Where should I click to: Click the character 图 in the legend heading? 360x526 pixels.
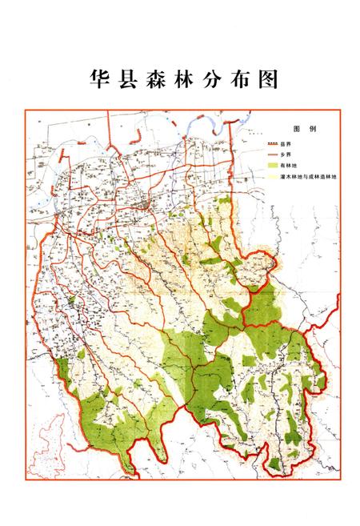point(296,129)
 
